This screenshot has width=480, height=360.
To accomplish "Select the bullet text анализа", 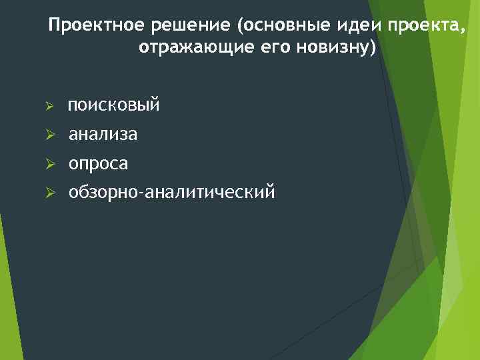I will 103,135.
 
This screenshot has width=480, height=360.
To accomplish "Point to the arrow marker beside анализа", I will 49,135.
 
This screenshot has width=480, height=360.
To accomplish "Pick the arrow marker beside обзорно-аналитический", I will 49,193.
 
